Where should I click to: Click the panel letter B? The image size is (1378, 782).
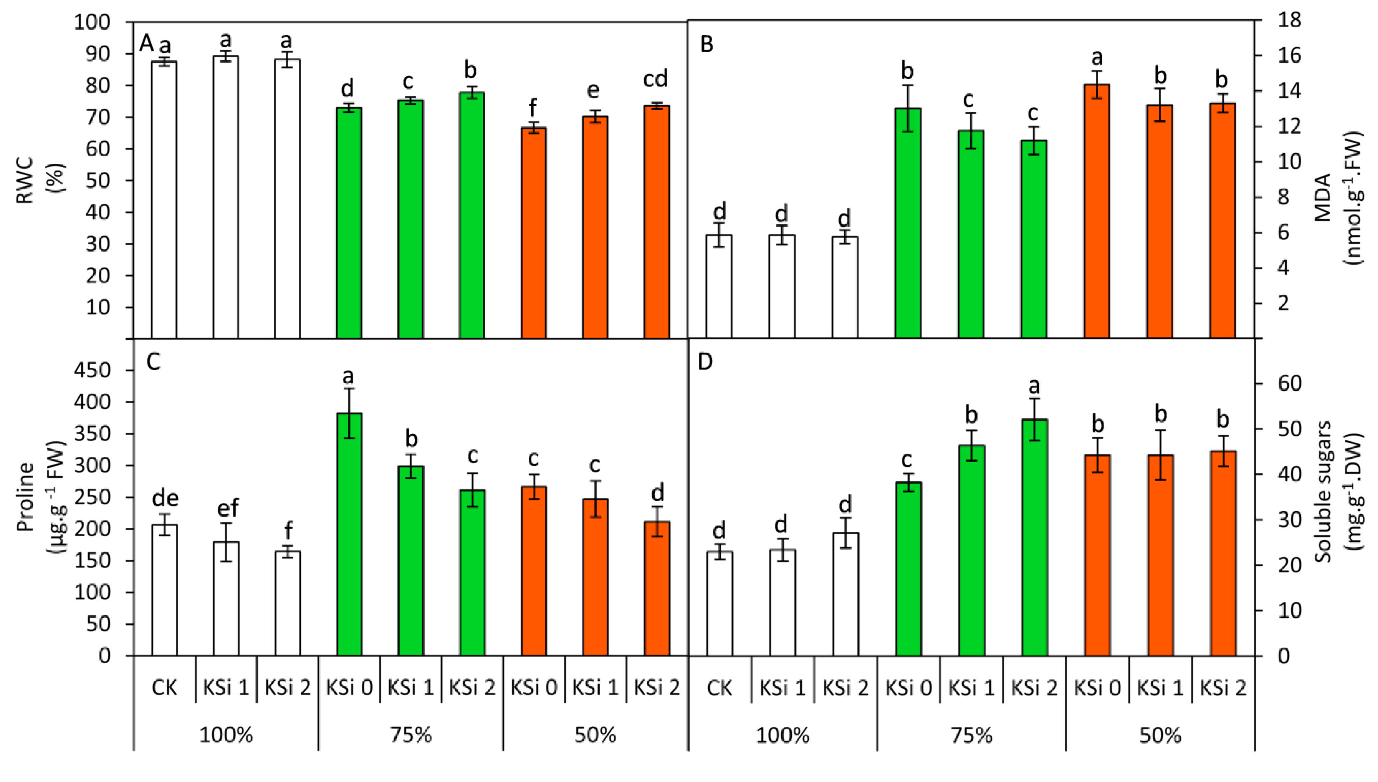pos(707,44)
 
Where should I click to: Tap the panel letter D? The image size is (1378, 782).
pos(705,361)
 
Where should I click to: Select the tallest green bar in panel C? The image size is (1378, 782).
pos(349,534)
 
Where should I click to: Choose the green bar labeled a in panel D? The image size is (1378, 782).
pos(1034,537)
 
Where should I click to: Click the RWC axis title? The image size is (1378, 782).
pos(25,180)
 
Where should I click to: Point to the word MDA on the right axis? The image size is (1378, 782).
pos(1323,198)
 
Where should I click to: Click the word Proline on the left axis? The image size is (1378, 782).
pos(25,497)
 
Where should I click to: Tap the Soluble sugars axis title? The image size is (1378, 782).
pos(1323,492)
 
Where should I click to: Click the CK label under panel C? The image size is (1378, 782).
pos(164,687)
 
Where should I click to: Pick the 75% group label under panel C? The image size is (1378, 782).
pos(411,735)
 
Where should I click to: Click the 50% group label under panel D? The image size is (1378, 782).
pos(1160,735)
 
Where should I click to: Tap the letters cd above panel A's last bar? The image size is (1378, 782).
pos(656,79)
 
